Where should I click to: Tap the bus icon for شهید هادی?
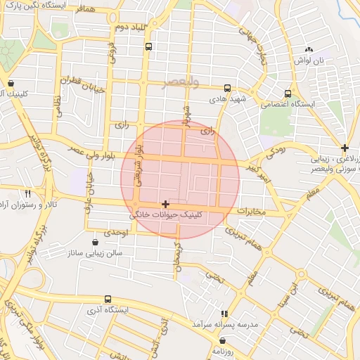(227, 89)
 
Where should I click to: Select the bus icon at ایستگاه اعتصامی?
(288, 93)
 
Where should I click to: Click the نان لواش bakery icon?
(309, 50)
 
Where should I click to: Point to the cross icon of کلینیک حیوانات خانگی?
(165, 204)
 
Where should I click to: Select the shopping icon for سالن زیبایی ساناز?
(95, 242)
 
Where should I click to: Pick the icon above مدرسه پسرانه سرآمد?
(224, 314)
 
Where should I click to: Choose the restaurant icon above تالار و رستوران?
(28, 193)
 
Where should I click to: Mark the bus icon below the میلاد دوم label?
(148, 46)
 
